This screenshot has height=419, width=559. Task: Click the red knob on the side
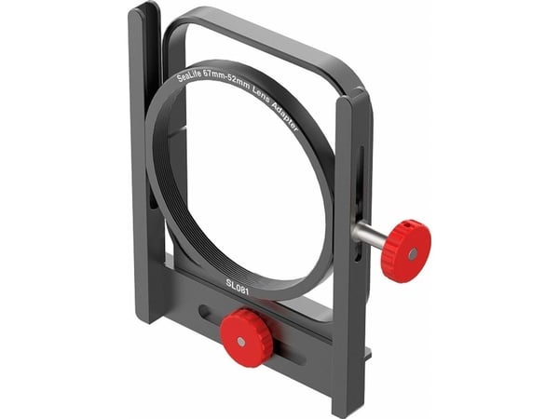pos(406,251)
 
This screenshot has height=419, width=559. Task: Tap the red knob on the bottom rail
pos(246,338)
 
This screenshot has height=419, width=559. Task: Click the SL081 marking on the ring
pos(237,287)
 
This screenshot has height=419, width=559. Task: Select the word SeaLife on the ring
pos(189,76)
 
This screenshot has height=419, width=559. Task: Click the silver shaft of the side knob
pos(367,234)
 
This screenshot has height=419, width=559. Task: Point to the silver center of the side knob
pos(413,253)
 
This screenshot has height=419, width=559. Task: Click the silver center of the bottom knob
pos(241,342)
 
